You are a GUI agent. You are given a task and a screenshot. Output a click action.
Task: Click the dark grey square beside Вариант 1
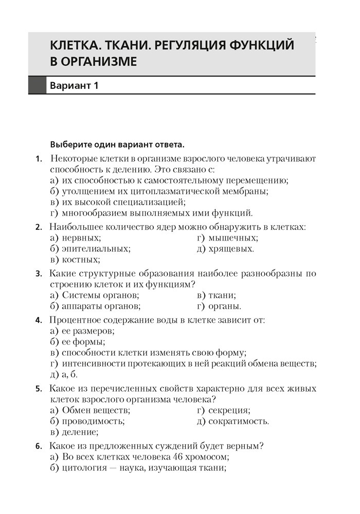[x=37, y=85]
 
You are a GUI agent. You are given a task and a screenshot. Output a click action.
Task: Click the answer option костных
[x=80, y=260]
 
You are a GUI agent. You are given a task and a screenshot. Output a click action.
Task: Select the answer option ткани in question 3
[x=223, y=295]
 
